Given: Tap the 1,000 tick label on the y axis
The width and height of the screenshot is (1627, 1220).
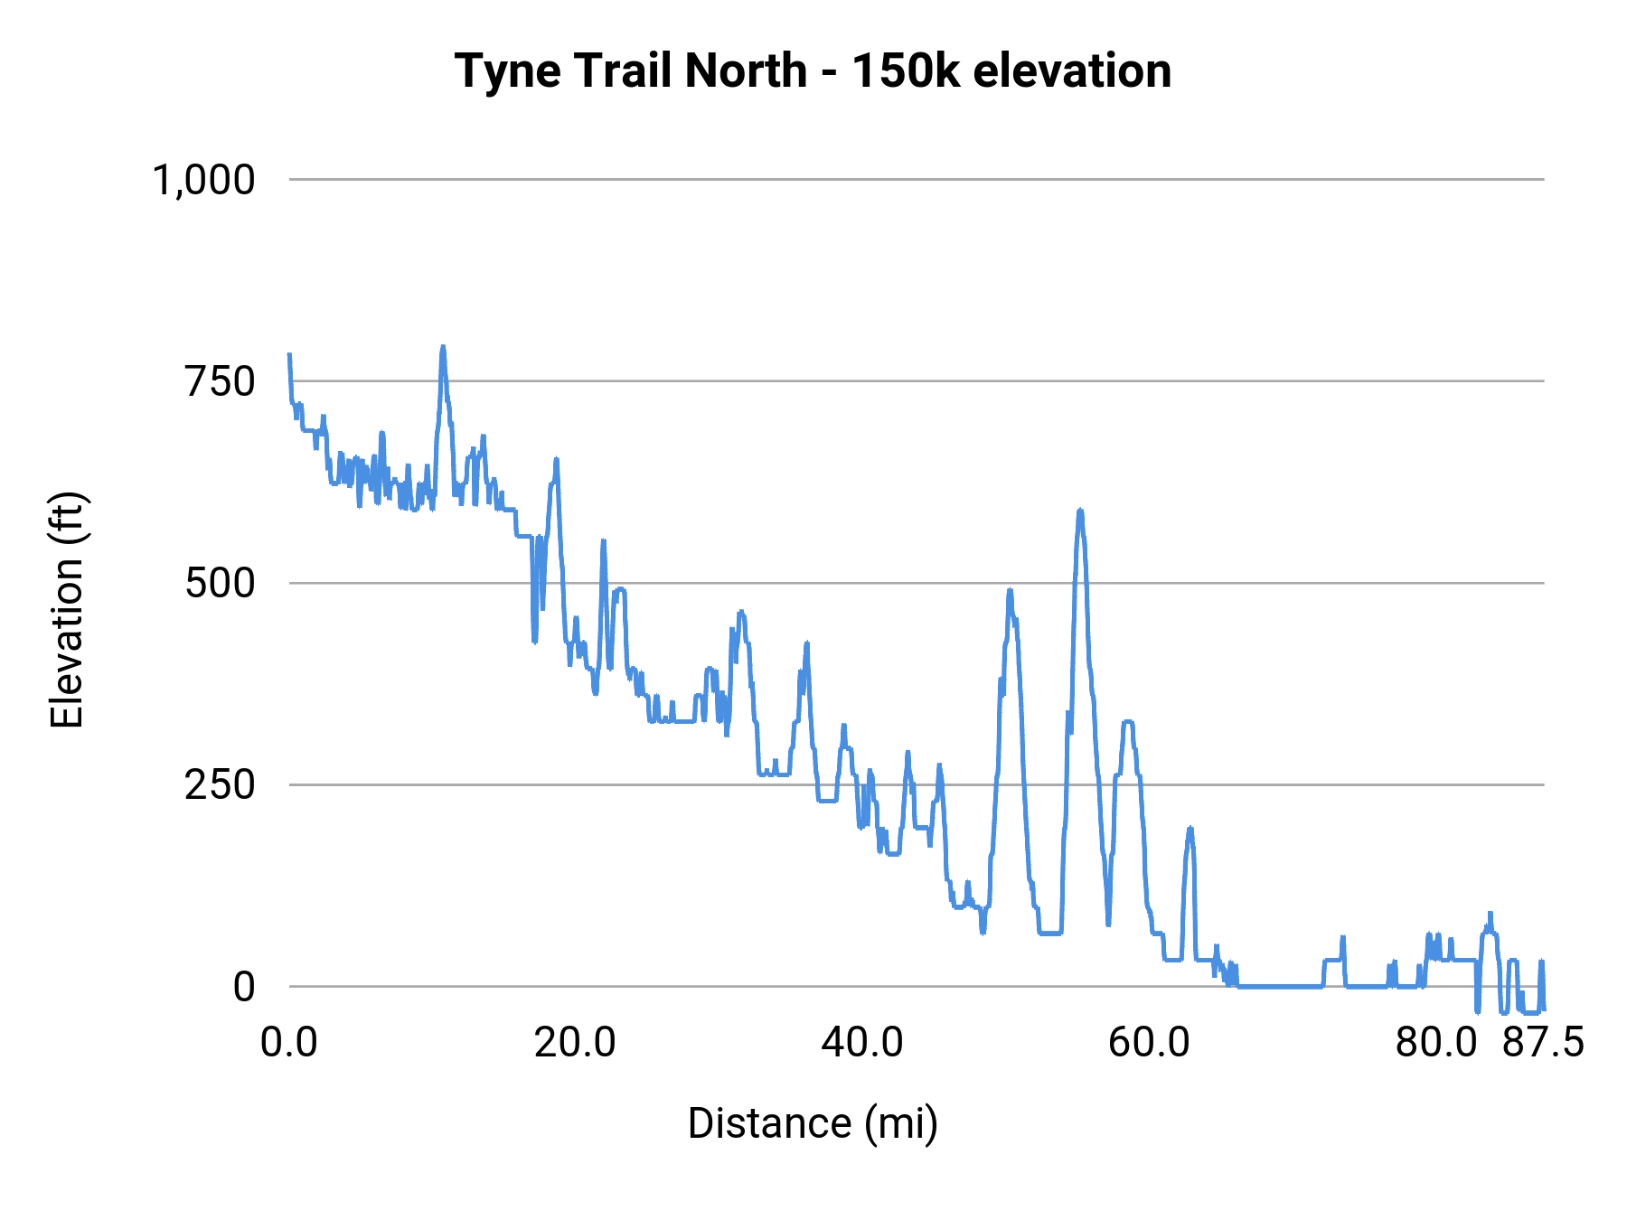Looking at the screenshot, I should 204,180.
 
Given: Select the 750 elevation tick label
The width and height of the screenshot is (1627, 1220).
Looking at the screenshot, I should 221,381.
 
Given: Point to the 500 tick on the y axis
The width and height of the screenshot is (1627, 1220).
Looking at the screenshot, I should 221,583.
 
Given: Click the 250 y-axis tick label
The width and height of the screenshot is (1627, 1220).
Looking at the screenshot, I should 221,784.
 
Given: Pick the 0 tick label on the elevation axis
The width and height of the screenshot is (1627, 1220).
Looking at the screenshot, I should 244,987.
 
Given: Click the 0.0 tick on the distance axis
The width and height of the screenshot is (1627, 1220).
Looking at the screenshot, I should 289,1042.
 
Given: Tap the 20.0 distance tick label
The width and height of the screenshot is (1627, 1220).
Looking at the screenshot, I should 575,1042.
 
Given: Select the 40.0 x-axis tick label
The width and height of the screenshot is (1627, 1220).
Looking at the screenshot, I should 861,1042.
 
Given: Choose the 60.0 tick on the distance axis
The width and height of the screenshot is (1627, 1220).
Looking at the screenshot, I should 1149,1042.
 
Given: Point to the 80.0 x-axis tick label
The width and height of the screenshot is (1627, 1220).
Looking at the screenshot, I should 1435,1042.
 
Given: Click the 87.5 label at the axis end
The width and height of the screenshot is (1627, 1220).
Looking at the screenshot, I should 1544,1042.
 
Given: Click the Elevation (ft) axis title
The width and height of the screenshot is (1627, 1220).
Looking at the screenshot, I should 67,610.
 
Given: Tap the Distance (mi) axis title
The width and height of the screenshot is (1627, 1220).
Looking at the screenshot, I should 813,1123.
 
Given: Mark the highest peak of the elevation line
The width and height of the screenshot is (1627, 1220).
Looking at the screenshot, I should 443,347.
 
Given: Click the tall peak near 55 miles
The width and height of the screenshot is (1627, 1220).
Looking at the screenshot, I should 1079,511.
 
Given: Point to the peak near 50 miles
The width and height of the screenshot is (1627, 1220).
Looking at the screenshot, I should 1010,591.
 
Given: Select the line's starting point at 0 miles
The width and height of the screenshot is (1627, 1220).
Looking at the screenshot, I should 289,355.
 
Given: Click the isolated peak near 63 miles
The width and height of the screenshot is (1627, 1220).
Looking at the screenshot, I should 1190,829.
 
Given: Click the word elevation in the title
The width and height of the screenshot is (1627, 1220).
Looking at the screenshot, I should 1072,70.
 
